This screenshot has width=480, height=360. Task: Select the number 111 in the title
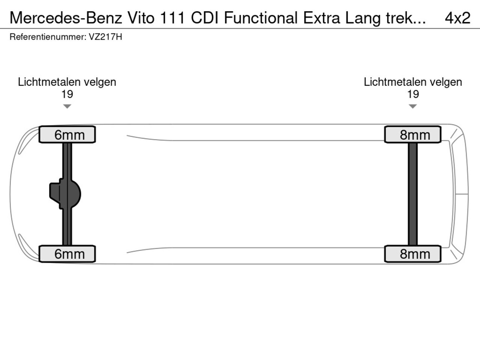tap(172, 18)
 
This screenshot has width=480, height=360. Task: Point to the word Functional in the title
tap(261, 18)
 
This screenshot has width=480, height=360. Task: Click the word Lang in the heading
tap(363, 18)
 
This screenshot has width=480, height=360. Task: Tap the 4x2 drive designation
tap(457, 18)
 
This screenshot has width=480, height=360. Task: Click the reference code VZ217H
tap(105, 37)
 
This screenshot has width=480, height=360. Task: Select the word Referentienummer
tap(47, 37)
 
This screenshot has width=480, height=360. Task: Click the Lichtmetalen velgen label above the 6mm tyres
tap(67, 82)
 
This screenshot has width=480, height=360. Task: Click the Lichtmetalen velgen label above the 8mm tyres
tap(413, 82)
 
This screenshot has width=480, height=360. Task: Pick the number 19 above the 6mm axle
tap(67, 94)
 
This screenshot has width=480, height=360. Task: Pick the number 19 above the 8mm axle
tap(413, 94)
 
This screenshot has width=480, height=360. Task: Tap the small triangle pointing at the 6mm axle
tap(67, 106)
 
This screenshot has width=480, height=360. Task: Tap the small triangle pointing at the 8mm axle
tap(413, 106)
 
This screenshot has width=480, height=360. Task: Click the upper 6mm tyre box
tap(67, 135)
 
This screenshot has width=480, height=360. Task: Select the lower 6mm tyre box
tap(67, 254)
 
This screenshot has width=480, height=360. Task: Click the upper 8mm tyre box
tap(413, 135)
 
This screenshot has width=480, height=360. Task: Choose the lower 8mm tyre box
tap(413, 254)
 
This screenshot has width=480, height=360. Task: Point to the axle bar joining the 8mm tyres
tap(413, 194)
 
